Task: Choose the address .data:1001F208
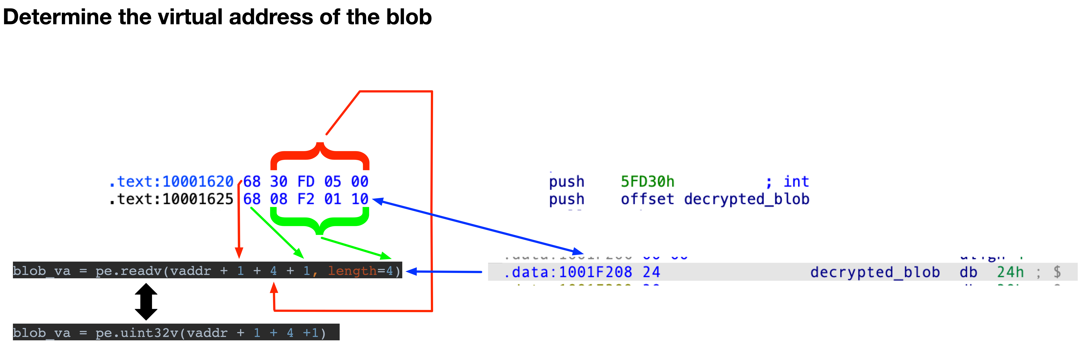point(567,272)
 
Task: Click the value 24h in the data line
point(1010,272)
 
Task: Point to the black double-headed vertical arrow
point(146,301)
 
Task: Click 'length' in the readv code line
point(352,271)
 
